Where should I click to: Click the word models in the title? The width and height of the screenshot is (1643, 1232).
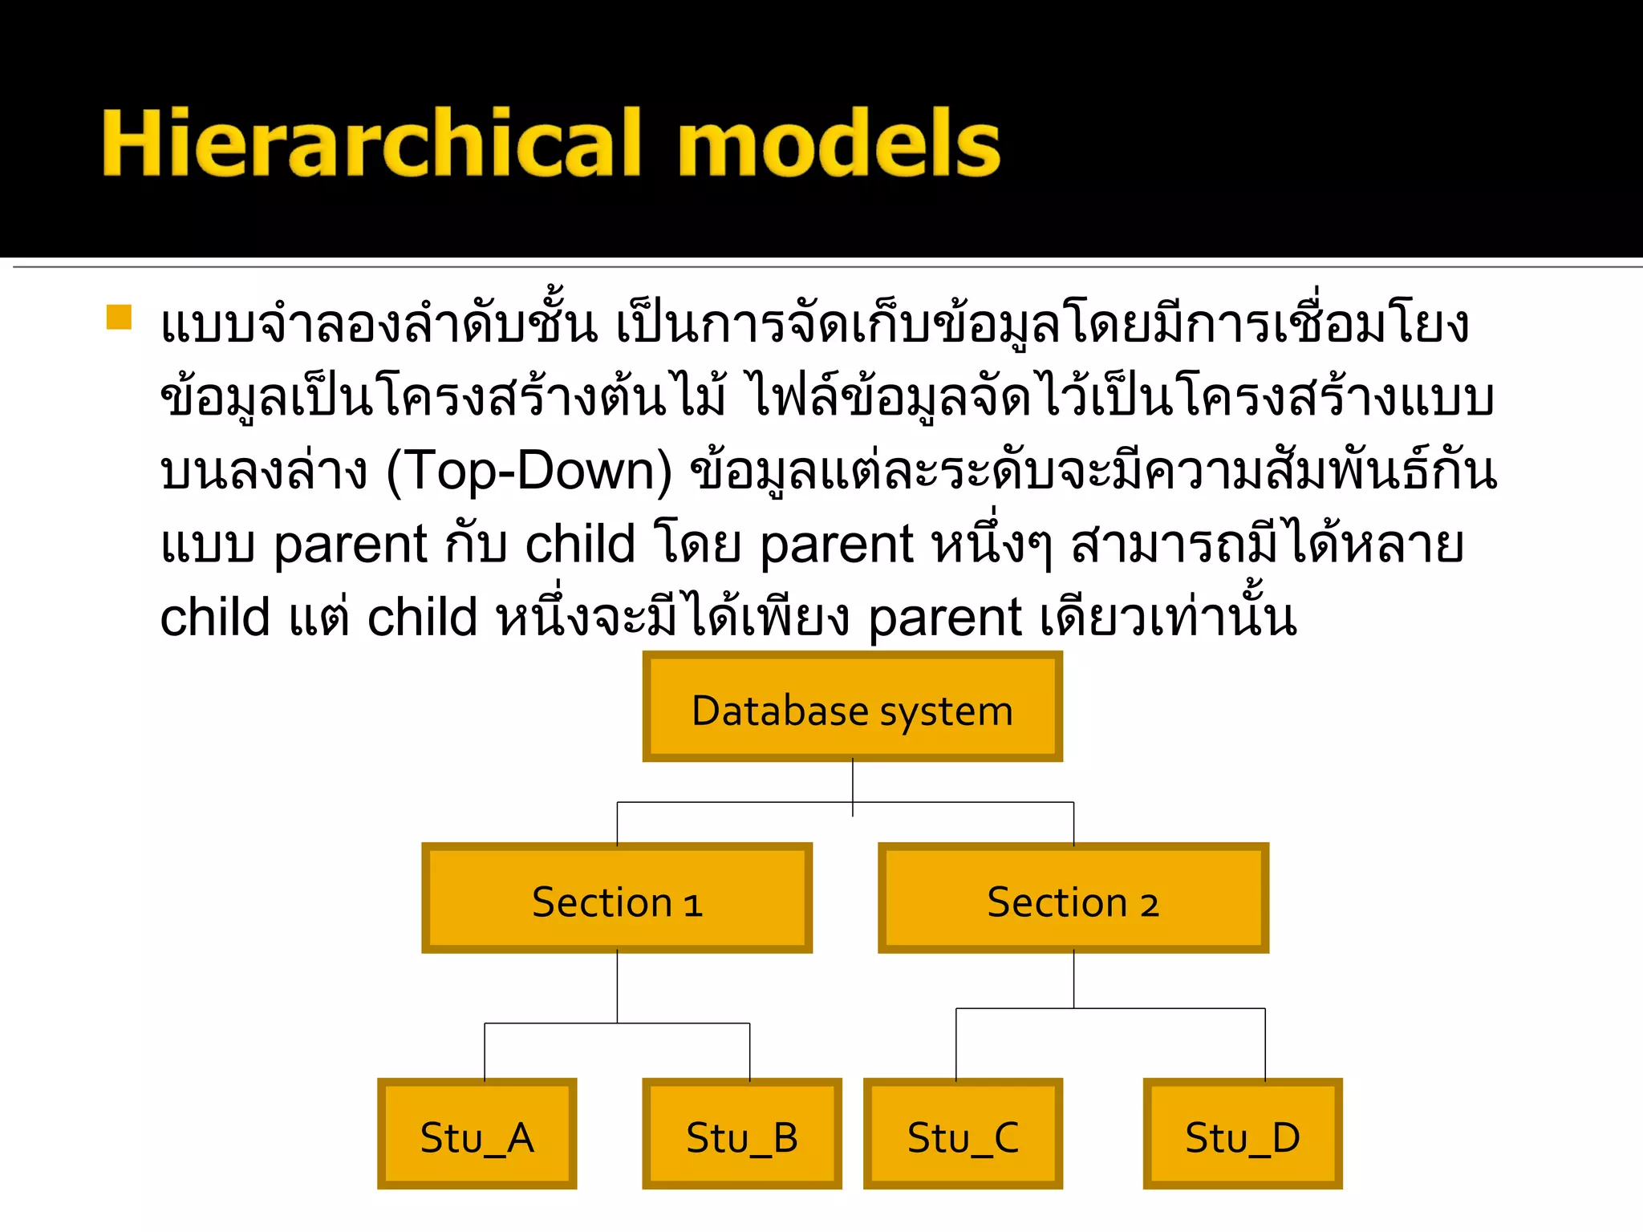(x=839, y=143)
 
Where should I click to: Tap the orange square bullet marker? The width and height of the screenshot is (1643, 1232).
(x=119, y=317)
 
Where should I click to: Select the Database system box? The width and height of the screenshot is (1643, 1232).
(x=852, y=707)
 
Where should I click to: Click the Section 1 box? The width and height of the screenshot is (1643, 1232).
(x=616, y=898)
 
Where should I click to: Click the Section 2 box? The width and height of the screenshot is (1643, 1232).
(x=1073, y=898)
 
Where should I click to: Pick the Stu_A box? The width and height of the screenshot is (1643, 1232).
(x=477, y=1134)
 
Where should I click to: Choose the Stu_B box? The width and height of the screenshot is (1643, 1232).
(x=741, y=1134)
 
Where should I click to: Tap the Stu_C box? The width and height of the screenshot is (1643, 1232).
(x=963, y=1134)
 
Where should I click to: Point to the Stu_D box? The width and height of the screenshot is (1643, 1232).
(x=1242, y=1134)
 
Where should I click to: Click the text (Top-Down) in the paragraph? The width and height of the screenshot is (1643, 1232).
(x=529, y=472)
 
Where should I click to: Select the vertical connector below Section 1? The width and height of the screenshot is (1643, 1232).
(x=617, y=987)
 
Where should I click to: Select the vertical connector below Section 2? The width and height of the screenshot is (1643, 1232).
(x=1073, y=979)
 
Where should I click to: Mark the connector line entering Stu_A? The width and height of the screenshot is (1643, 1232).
(x=485, y=1051)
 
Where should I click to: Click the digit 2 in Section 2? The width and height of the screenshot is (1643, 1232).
(x=1150, y=905)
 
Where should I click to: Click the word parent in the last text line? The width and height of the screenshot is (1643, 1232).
(x=945, y=619)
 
